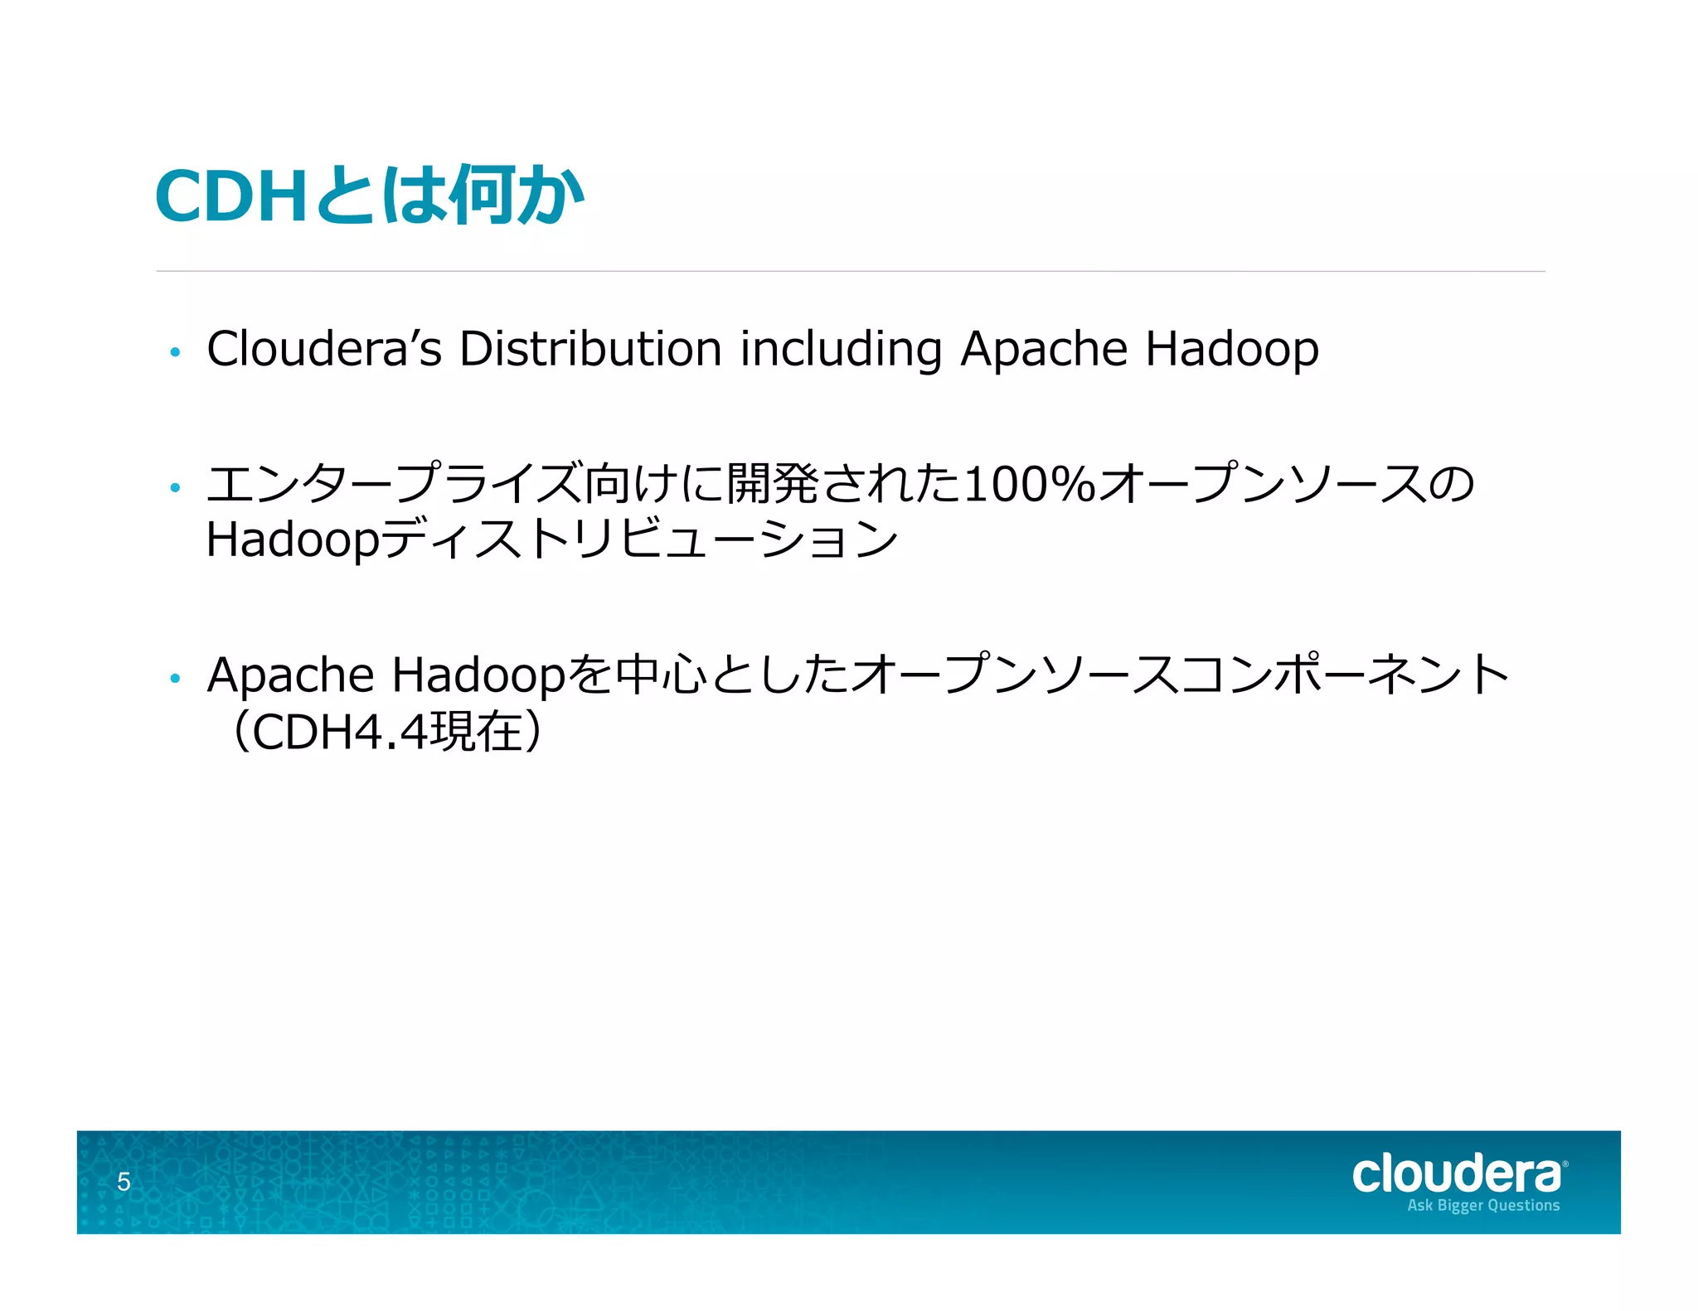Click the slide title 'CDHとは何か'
point(370,196)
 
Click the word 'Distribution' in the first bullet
point(589,349)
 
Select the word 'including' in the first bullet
point(841,349)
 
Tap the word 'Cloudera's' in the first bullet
point(323,349)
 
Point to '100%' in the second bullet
point(1030,484)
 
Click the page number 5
point(124,1182)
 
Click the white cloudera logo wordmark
point(1458,1174)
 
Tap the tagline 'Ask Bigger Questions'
point(1483,1206)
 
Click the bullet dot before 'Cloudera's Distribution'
point(174,352)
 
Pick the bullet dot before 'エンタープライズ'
point(174,487)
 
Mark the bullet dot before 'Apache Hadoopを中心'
point(174,679)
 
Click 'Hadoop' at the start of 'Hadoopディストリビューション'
point(293,540)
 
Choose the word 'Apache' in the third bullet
point(290,675)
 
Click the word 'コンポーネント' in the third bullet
point(1343,675)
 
